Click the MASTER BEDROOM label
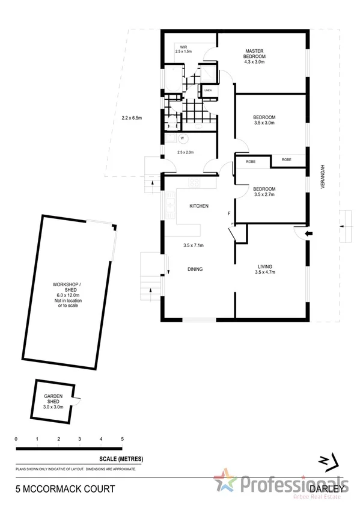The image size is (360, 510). click(x=254, y=54)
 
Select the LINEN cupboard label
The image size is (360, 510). click(x=208, y=90)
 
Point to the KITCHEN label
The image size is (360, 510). click(x=199, y=206)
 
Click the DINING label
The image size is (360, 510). click(x=194, y=269)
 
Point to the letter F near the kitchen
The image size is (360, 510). click(x=228, y=214)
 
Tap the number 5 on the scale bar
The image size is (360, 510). click(x=122, y=440)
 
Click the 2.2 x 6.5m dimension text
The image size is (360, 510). click(x=131, y=118)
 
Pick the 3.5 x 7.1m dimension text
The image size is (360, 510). click(x=194, y=245)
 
